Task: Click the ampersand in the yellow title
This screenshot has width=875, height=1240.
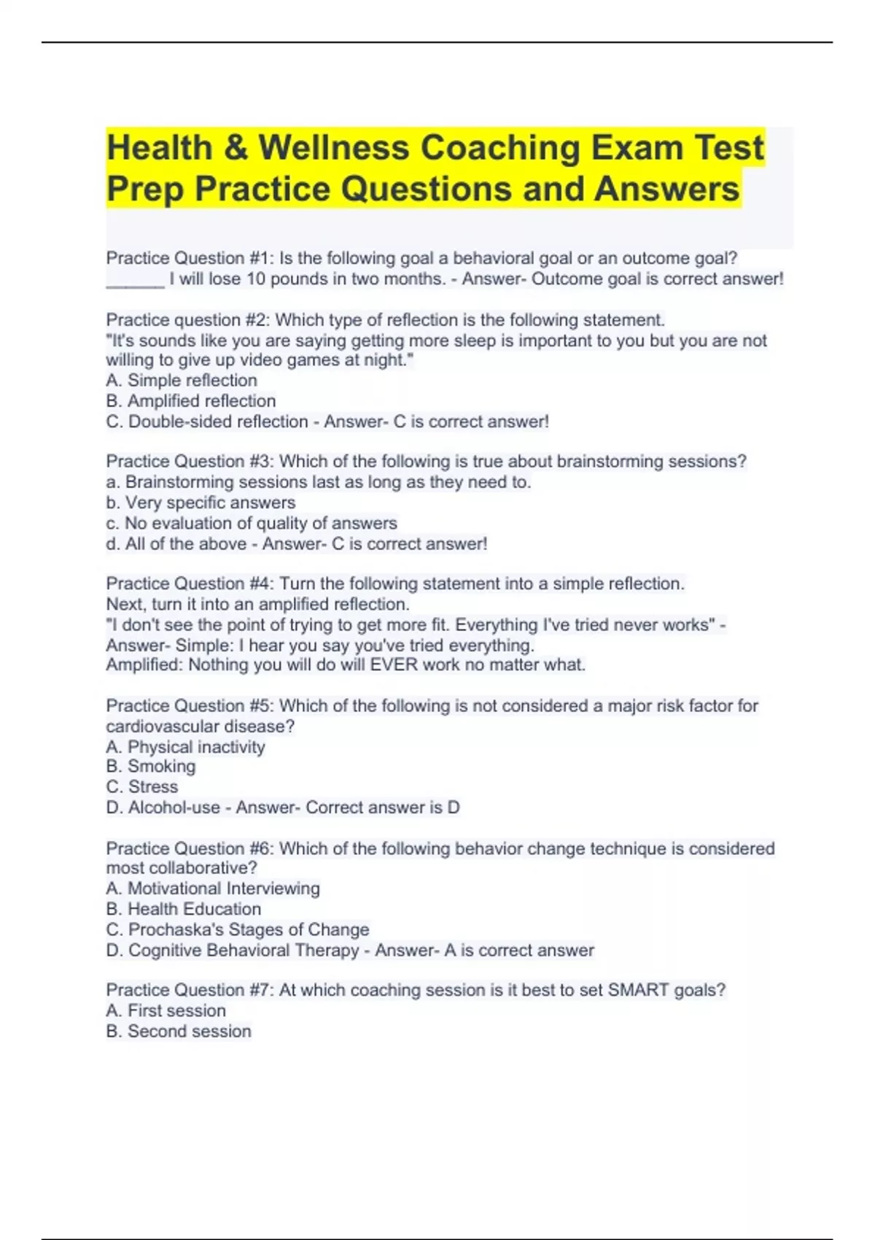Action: point(236,148)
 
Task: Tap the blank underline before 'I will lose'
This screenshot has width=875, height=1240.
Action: point(135,279)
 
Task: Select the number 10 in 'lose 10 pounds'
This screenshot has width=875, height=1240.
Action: point(256,279)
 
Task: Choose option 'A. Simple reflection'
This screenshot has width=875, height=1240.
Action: point(182,381)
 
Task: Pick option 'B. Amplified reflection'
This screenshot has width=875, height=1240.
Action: point(191,401)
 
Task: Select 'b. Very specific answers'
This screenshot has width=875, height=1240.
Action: point(201,503)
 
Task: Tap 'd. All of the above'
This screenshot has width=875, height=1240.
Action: point(176,543)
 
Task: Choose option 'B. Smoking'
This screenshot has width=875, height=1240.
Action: point(151,767)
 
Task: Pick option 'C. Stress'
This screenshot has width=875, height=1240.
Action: point(142,787)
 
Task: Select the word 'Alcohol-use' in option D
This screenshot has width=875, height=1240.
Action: point(174,807)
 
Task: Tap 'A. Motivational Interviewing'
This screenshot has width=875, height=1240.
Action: point(213,888)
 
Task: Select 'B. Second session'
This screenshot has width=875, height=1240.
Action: point(179,1031)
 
